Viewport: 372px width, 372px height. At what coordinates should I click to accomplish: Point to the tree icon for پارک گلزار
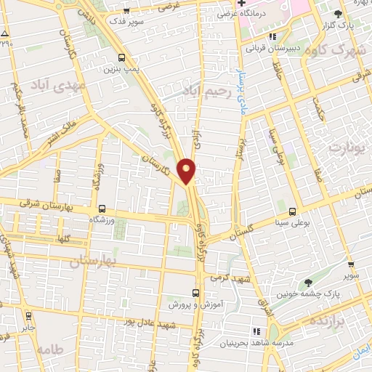[338, 14]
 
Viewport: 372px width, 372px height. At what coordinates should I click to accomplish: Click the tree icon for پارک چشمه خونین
[308, 282]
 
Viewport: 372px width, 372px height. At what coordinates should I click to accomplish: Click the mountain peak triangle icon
[5, 34]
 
